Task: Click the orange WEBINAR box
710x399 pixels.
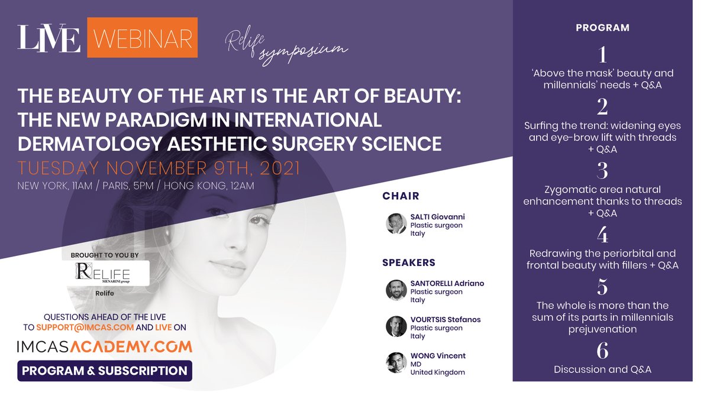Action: click(x=142, y=38)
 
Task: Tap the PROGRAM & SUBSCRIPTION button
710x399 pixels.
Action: click(x=105, y=371)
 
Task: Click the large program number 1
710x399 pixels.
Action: click(x=602, y=56)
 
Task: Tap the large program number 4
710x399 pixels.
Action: click(x=602, y=235)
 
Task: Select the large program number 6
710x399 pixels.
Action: click(x=602, y=351)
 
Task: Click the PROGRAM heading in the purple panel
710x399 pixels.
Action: click(x=602, y=28)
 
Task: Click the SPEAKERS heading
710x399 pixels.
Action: click(x=409, y=262)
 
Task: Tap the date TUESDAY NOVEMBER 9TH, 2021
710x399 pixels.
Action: click(x=159, y=167)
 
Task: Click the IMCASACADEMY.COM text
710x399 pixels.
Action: click(x=105, y=346)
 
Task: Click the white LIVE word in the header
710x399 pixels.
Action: click(x=49, y=38)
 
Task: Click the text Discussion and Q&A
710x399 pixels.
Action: click(x=602, y=369)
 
